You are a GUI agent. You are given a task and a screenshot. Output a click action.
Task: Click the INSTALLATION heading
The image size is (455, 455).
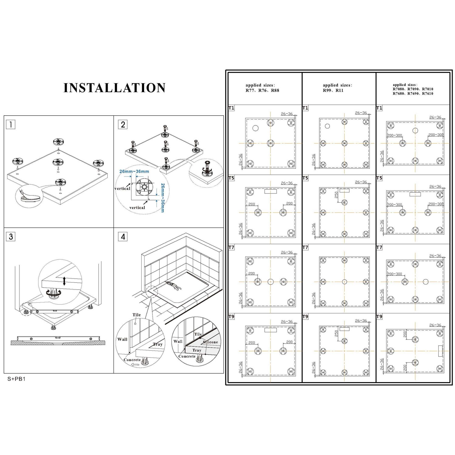point(114,88)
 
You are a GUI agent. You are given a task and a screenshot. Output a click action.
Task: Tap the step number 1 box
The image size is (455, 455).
point(11,124)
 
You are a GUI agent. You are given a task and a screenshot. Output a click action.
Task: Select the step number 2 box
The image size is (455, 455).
point(123,124)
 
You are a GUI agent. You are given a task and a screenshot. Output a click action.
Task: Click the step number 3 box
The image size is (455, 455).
point(11,237)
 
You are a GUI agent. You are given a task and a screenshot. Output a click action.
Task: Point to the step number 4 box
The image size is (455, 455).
point(123,237)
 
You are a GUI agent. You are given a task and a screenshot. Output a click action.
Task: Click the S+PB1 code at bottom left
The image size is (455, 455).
point(16,379)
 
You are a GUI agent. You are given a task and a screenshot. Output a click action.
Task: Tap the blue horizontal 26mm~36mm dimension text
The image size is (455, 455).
point(134,171)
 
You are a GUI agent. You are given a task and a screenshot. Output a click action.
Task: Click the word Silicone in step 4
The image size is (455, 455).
point(210,342)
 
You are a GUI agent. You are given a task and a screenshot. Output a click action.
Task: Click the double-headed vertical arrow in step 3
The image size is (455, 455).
point(64,281)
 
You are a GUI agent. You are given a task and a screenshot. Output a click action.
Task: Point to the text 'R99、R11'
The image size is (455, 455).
point(333,90)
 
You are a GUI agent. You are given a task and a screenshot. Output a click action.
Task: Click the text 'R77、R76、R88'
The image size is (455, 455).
point(262,90)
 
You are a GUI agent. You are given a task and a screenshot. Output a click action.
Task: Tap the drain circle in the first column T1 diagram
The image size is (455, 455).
point(255,128)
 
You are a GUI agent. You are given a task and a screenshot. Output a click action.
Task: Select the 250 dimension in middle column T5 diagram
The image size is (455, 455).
point(336,195)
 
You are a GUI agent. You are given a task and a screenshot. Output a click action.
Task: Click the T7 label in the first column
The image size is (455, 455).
point(231,248)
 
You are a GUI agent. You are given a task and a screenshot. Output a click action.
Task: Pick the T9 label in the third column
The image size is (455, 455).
point(379,317)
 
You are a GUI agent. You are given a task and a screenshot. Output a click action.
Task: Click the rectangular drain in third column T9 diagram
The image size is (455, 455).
point(440,351)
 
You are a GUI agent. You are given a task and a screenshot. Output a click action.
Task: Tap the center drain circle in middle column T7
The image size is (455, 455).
point(344,282)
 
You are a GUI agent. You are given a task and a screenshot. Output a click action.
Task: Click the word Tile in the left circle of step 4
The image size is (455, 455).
point(136,315)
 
